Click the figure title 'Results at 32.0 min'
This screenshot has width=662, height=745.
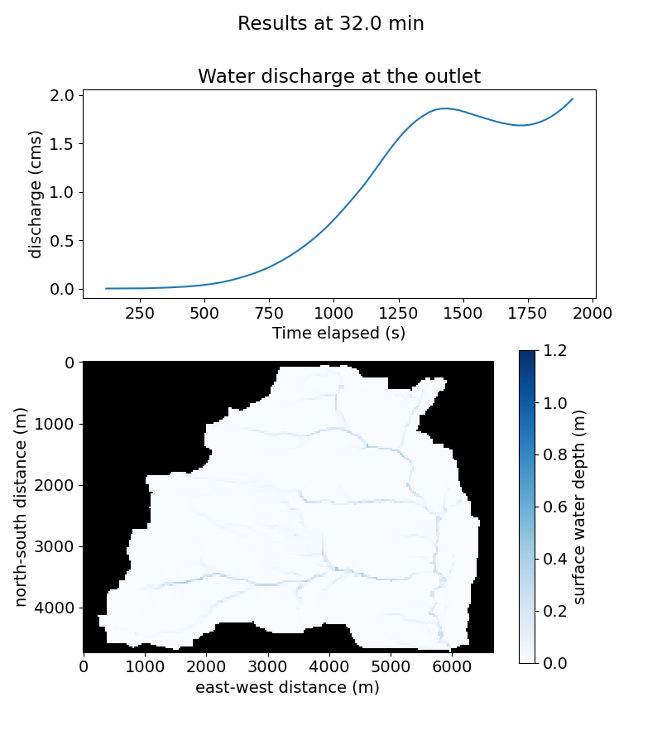coord(331,24)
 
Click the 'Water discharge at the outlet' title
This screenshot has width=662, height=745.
coord(339,77)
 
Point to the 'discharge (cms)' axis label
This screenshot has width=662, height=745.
coord(36,194)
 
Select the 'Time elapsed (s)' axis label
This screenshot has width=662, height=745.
coord(338,333)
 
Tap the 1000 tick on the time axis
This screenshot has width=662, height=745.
coord(333,313)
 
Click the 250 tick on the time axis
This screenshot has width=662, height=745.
coord(139,313)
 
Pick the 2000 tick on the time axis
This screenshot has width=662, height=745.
coord(592,313)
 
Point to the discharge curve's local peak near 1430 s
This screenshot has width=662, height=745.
coord(445,108)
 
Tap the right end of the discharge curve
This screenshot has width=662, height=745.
coord(572,99)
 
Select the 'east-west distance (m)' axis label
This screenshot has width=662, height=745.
coord(287,687)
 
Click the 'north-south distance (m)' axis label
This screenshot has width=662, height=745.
coord(22,507)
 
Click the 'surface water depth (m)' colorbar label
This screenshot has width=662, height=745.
coord(579,507)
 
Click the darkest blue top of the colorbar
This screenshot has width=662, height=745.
coord(527,354)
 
